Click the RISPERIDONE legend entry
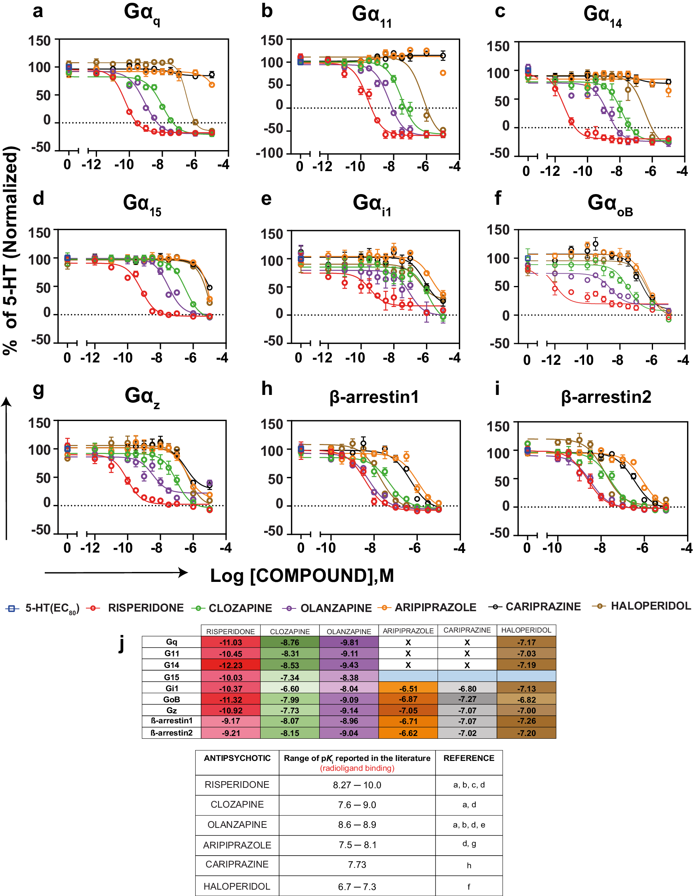(146, 608)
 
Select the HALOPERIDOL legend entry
(650, 606)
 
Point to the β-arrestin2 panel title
(605, 397)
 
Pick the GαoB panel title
(610, 204)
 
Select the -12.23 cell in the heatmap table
(230, 665)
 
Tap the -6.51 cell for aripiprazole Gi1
(408, 688)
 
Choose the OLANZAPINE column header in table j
(348, 631)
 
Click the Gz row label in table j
(171, 710)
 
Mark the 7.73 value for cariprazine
(357, 864)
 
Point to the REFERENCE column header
(469, 758)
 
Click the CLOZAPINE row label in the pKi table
(237, 804)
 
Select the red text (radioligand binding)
(357, 768)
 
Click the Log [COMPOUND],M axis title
(302, 575)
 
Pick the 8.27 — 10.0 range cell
(357, 785)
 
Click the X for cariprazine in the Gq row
(467, 642)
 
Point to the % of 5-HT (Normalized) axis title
(11, 250)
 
